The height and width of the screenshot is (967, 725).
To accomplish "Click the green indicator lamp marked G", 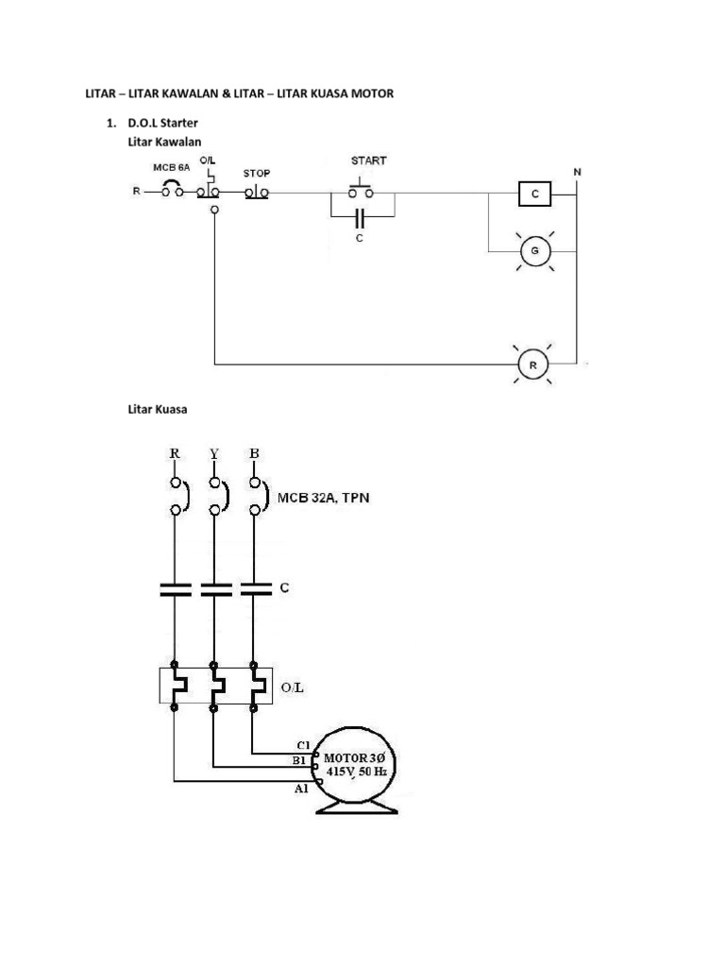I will [534, 251].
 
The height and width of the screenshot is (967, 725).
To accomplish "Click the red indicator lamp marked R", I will [533, 363].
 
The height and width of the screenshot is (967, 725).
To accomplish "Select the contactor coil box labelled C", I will [535, 194].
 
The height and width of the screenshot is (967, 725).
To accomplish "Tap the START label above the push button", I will [368, 161].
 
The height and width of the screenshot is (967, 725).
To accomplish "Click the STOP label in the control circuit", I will [257, 174].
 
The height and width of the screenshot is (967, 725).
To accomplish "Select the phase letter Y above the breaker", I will [214, 453].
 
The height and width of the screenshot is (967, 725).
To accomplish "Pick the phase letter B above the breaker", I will [254, 453].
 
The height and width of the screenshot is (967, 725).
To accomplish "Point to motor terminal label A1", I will [301, 789].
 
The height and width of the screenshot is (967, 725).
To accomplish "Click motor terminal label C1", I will [301, 744].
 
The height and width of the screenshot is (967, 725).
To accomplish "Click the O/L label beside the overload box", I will [293, 687].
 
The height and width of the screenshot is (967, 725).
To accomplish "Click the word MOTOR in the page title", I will [373, 93].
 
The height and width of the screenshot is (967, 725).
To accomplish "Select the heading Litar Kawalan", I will [164, 142].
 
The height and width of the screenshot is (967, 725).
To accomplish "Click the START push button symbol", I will [362, 189].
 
